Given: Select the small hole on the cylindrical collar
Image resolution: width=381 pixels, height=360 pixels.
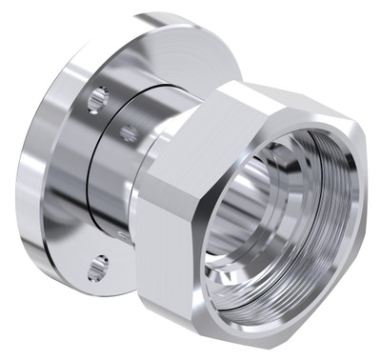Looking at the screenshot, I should click(x=128, y=133).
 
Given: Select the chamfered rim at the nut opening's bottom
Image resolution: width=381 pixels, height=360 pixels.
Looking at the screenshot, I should click(x=267, y=305).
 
